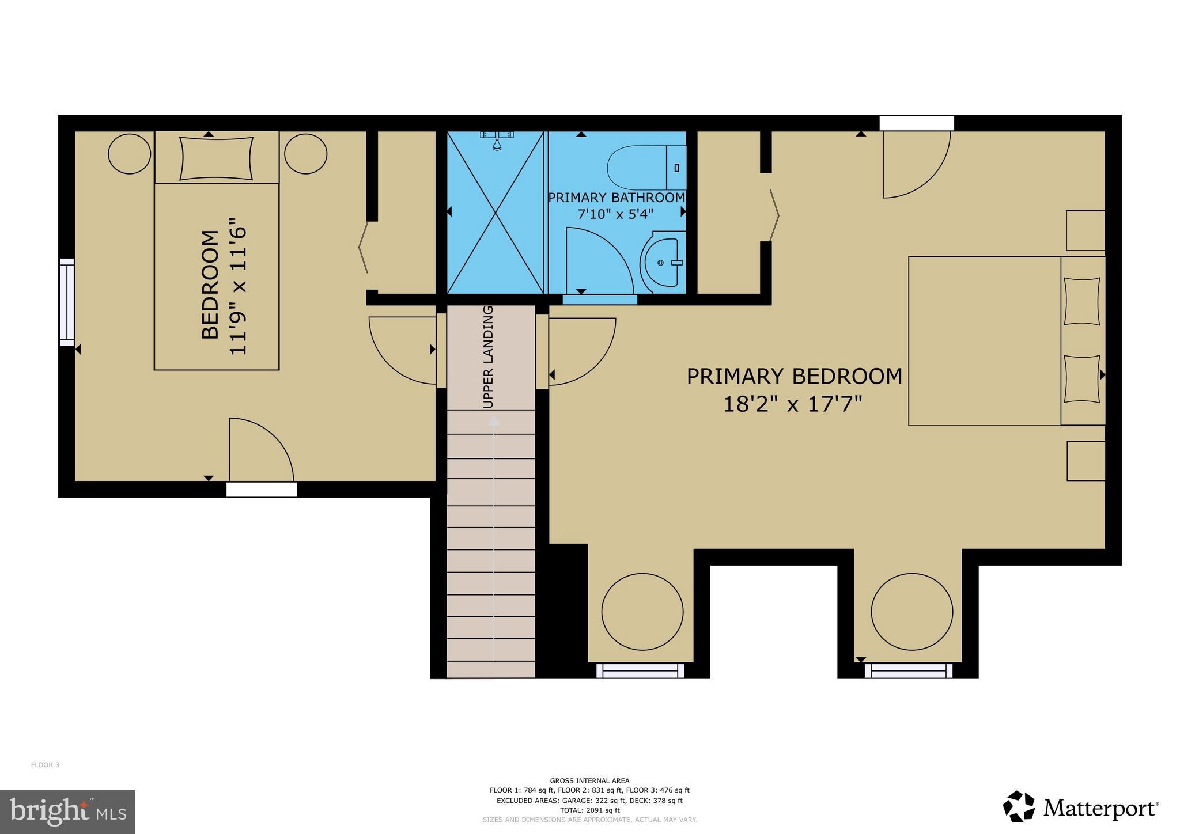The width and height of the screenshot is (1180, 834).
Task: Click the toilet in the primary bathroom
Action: coord(645,168)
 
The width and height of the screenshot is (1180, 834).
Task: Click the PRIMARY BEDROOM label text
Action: coord(794,377)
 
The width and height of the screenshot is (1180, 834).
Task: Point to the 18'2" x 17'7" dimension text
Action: coord(792,404)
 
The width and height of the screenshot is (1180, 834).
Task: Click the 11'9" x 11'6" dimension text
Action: coord(238,286)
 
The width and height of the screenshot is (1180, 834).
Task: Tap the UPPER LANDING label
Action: coord(488,357)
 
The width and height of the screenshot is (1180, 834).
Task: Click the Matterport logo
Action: coord(1080,808)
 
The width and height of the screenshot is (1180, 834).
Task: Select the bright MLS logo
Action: coord(67,812)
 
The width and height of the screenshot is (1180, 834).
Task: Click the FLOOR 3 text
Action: coord(45,765)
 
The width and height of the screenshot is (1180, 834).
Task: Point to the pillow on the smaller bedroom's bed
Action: coord(216,158)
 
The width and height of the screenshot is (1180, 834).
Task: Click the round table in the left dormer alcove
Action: coord(642,612)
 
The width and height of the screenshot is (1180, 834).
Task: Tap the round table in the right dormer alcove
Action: coord(912,612)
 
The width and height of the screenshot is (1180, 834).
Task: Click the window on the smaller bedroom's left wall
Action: coord(67,302)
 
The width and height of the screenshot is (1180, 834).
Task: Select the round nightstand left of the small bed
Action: coord(130,154)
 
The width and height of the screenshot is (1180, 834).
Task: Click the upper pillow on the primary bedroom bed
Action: coord(1081,302)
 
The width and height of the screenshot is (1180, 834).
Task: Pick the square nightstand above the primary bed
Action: coord(1086,230)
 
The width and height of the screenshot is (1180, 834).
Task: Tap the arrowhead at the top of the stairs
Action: coord(493,421)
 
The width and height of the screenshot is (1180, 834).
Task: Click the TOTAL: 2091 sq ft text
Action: coord(589,810)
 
